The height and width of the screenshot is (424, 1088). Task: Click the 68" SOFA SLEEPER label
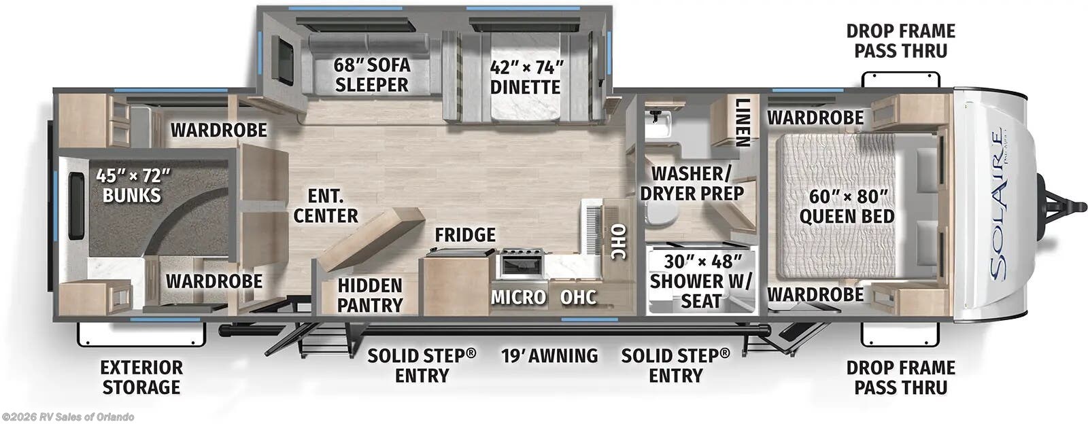click(371, 75)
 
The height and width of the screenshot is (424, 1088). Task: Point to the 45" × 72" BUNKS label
click(132, 185)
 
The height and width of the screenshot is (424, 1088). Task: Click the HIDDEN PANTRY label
click(370, 295)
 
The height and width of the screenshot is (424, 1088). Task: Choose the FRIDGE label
click(465, 235)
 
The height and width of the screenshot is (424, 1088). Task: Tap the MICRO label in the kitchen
click(518, 297)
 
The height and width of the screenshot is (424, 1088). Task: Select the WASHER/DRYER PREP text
click(692, 183)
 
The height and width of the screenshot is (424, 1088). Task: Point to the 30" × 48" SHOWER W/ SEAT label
click(700, 281)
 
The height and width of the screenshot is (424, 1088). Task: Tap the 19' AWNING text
click(549, 355)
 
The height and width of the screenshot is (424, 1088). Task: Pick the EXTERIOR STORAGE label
click(141, 377)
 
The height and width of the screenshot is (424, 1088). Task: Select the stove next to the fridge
click(520, 264)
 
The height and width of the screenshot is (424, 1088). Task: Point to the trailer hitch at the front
click(1061, 204)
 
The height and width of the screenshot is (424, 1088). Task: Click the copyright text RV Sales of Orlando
click(68, 417)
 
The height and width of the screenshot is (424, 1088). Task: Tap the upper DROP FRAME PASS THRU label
click(900, 41)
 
